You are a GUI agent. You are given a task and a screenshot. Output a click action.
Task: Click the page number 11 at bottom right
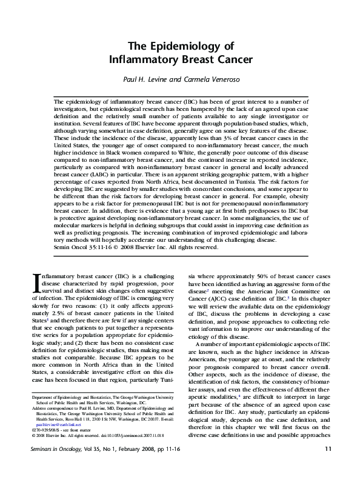click(328, 465)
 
